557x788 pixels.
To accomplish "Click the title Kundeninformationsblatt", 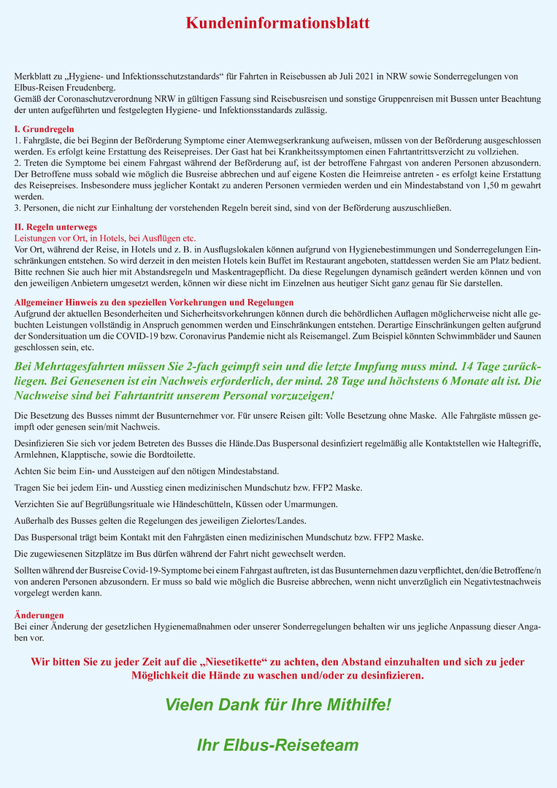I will tap(277, 23).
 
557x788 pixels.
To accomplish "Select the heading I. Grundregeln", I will tap(42, 129).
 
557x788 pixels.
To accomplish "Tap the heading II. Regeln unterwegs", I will tap(55, 228).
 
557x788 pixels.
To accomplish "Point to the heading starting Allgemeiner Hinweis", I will tap(154, 302).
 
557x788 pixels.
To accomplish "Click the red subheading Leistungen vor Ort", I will tap(105, 238).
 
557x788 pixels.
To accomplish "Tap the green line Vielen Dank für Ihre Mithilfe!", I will tap(277, 706).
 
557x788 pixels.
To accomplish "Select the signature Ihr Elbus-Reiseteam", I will tap(277, 745).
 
